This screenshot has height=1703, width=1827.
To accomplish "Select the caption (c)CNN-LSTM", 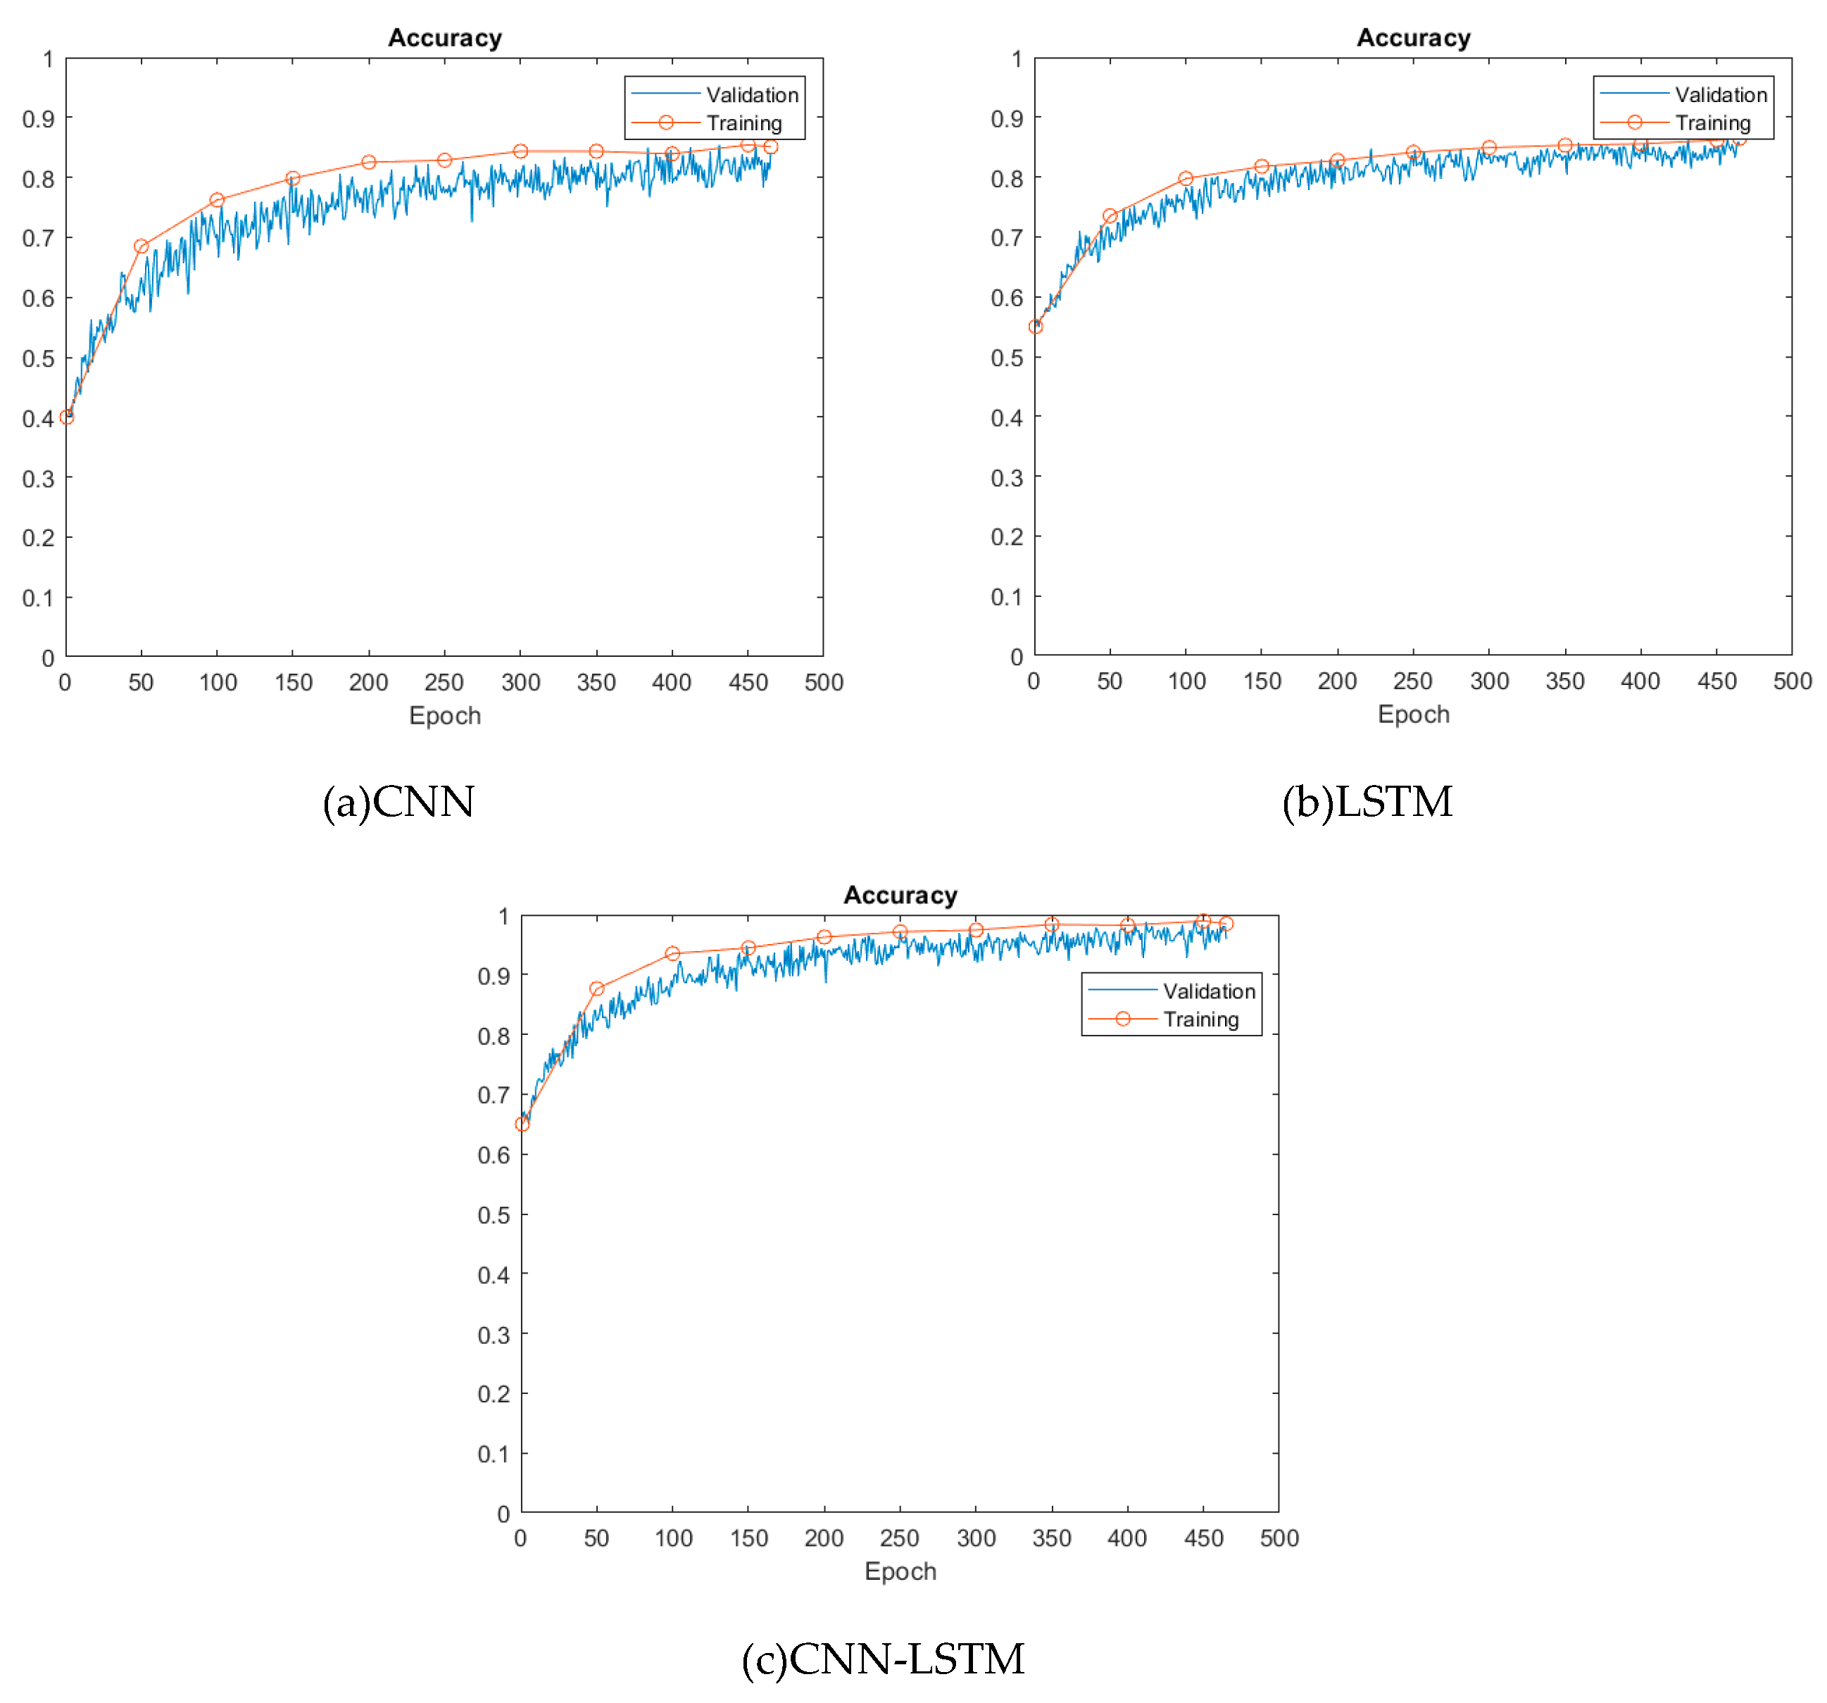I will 882,1659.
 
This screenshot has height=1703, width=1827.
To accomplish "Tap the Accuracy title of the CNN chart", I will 445,38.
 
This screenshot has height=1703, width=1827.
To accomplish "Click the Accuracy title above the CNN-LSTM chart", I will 900,896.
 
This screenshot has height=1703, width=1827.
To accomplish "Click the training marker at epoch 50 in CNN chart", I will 142,246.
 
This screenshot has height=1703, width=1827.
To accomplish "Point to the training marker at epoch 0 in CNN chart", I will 66,417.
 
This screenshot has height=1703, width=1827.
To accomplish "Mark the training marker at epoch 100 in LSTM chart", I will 1186,178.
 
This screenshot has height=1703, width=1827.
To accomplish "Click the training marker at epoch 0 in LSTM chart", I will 1036,326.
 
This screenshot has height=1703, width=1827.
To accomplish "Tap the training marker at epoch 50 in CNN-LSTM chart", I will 597,989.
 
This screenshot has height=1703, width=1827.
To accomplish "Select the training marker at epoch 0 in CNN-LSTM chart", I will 522,1124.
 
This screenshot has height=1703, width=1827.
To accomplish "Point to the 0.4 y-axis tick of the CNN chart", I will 38,418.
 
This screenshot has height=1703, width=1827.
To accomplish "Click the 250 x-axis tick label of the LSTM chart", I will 1412,681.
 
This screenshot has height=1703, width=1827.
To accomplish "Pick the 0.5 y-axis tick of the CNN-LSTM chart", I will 493,1215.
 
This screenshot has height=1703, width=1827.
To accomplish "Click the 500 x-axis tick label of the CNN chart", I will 824,682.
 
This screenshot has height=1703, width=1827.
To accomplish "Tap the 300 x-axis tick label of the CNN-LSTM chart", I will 976,1538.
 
